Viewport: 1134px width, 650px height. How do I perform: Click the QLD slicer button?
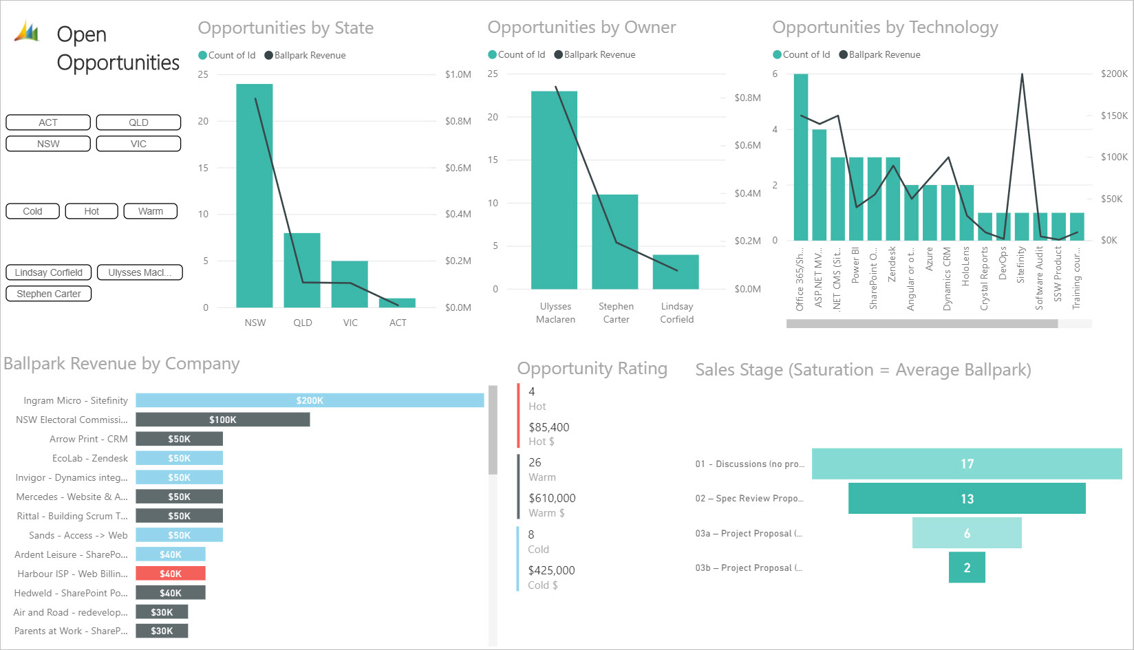tap(138, 122)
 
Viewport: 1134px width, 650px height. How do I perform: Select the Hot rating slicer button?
tap(92, 211)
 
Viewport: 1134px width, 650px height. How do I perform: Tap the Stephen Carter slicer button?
tap(49, 294)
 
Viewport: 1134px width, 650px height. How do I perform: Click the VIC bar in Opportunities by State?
tap(350, 284)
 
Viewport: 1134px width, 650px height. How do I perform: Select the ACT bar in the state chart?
tap(398, 303)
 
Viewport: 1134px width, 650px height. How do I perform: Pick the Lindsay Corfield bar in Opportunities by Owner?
tap(676, 272)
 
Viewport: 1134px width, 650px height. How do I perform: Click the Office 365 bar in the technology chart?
tap(801, 157)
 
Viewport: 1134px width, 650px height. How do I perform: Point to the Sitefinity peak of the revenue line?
tap(1022, 74)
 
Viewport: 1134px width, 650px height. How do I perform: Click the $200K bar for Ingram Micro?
tap(310, 400)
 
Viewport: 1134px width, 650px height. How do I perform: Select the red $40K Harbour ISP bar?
tap(171, 574)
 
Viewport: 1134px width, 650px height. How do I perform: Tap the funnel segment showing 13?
tap(967, 499)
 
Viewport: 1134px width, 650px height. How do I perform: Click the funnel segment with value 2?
tap(967, 567)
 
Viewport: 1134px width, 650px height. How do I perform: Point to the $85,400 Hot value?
tap(549, 427)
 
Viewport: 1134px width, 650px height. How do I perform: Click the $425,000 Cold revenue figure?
tap(551, 570)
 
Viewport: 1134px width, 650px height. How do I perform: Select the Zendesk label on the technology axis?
tap(892, 264)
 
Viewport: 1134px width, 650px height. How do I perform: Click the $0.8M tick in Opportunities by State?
tap(458, 121)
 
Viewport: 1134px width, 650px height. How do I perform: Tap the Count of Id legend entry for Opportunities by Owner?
tap(516, 54)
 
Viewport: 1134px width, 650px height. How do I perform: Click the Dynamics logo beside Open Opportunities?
tap(27, 31)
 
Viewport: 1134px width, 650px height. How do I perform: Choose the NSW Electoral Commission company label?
tap(72, 420)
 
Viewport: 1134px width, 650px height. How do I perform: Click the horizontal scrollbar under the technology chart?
tap(922, 323)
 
